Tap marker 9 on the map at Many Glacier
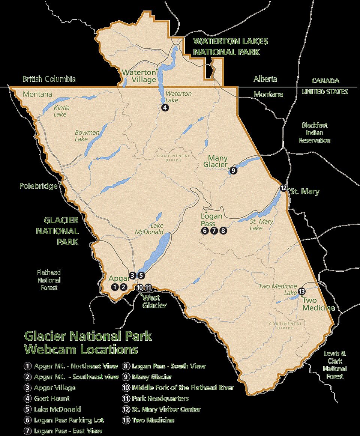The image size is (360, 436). tap(233, 171)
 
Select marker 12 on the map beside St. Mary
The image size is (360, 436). tap(283, 188)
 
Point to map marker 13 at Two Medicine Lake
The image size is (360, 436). tap(302, 292)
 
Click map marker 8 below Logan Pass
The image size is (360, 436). tap(223, 231)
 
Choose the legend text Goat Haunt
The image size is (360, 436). tap(52, 398)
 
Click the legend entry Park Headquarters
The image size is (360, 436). tap(160, 398)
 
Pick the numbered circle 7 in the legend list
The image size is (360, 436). tap(27, 431)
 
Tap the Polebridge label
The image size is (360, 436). tap(39, 186)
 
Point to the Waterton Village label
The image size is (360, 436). tap(139, 76)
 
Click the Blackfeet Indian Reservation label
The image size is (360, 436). tap(314, 133)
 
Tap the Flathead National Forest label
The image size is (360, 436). tap(49, 280)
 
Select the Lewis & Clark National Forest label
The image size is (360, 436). tap(335, 365)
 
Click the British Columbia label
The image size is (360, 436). tap(49, 79)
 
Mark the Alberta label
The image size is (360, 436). tap(265, 79)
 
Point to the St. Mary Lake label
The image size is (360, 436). tap(261, 225)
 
